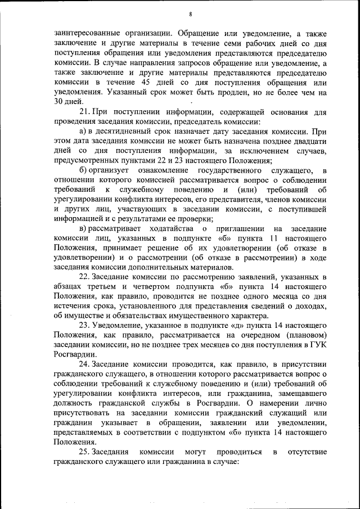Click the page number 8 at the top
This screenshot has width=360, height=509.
pyautogui.click(x=191, y=14)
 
